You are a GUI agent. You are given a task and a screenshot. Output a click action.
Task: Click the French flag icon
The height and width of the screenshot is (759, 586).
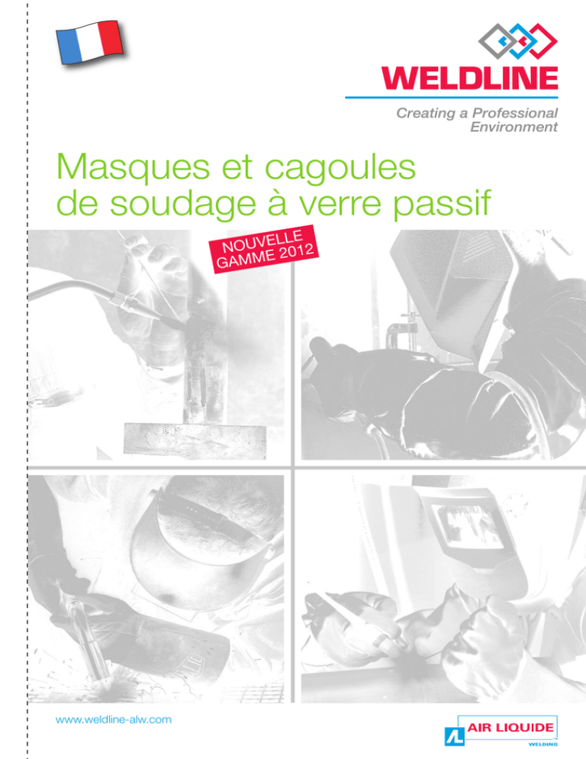[x=89, y=43]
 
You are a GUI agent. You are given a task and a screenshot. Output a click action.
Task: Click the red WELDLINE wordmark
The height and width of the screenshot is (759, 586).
[x=470, y=79]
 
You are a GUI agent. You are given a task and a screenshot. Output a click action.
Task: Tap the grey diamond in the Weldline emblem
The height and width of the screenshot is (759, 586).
[x=497, y=41]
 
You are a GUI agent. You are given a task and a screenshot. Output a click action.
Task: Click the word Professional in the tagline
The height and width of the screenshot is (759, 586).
[x=515, y=113]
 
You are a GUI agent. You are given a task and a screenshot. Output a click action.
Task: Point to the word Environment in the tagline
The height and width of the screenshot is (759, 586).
[x=514, y=128]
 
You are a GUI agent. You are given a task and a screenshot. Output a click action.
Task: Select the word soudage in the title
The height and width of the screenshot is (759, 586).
[x=183, y=205]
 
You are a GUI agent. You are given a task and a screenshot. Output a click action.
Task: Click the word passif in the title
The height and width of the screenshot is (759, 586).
[x=442, y=205]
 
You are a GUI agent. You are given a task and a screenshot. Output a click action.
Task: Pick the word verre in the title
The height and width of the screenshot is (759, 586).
[x=340, y=207]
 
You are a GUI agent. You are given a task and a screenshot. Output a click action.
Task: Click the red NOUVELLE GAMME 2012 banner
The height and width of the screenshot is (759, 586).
[x=264, y=249]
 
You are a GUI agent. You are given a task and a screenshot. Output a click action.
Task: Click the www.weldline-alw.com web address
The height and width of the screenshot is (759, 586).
[x=114, y=720]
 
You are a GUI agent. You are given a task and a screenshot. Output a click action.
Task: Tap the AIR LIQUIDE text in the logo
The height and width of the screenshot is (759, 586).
[x=510, y=727]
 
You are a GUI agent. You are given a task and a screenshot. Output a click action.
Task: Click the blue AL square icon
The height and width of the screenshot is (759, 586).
[x=455, y=736]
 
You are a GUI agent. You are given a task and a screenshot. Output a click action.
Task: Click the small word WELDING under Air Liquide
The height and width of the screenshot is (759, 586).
[x=543, y=744]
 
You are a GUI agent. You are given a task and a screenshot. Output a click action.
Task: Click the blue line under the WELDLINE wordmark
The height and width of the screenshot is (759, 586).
[x=452, y=97]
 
